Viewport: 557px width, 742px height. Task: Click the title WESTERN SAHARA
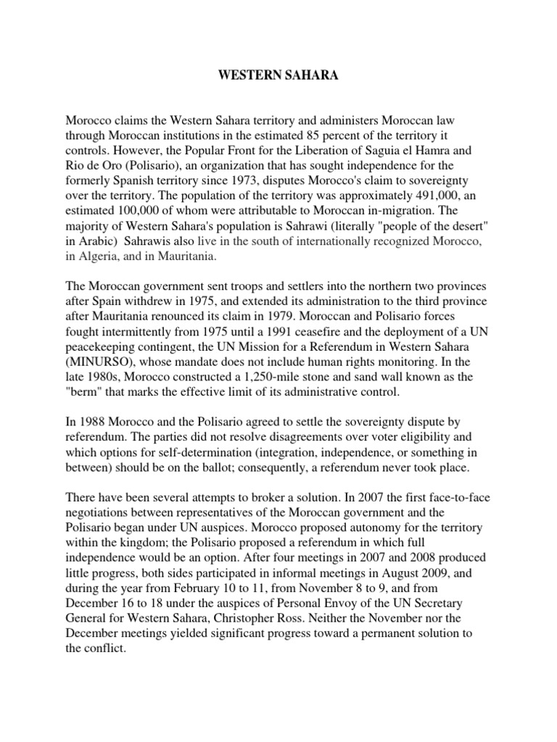278,76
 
